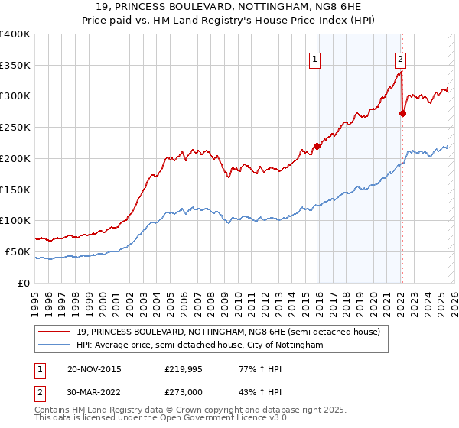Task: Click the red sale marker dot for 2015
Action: coord(317,146)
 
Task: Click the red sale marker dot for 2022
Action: coord(403,113)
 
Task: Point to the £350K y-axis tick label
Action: coord(15,66)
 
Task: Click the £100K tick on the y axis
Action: coord(15,221)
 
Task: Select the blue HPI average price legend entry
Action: coord(200,345)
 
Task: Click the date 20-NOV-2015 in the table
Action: coord(93,369)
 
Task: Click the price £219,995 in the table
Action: coord(181,369)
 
